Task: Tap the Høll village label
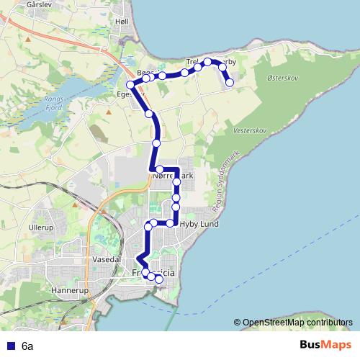click(122, 22)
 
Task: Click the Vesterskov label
click(251, 131)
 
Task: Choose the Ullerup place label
click(42, 227)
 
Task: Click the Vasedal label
click(107, 257)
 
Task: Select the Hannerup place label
click(69, 291)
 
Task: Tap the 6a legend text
click(27, 346)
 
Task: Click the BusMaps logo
click(326, 346)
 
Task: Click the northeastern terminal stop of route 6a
click(230, 83)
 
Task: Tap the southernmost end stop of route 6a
click(159, 279)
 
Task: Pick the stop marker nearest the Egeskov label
click(130, 86)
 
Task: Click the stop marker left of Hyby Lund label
click(170, 223)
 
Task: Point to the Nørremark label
click(173, 175)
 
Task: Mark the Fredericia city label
click(154, 274)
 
